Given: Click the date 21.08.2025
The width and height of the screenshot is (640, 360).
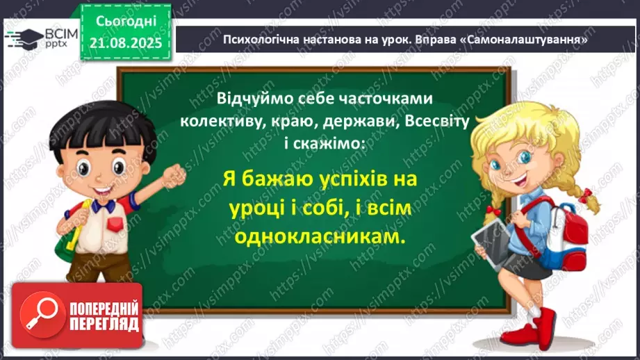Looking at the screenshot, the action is (x=126, y=43).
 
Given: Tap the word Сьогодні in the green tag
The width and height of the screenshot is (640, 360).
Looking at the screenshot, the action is (x=126, y=22).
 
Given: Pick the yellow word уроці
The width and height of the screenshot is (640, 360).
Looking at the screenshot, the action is (x=256, y=208).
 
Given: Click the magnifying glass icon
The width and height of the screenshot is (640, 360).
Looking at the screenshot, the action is (x=42, y=315).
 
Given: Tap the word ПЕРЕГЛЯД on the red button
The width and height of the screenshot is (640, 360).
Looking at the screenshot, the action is (x=104, y=325).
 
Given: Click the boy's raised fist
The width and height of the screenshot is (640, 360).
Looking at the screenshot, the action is (x=174, y=176).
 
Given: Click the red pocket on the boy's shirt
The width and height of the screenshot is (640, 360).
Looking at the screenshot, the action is (x=115, y=224).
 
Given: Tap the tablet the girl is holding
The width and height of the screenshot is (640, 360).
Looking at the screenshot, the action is (x=493, y=244).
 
